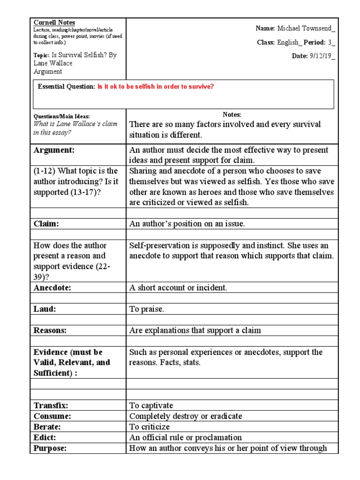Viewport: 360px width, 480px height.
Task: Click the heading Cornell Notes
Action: [x=54, y=22]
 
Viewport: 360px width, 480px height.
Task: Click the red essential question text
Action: [x=156, y=87]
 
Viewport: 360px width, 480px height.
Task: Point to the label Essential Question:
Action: [x=66, y=87]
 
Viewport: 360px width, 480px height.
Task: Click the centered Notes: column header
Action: [x=232, y=115]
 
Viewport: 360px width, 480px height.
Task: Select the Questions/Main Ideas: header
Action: [x=61, y=116]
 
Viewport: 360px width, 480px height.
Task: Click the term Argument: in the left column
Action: [x=54, y=150]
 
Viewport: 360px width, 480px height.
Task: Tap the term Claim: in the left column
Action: [x=46, y=224]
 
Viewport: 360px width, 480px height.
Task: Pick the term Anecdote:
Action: [x=52, y=288]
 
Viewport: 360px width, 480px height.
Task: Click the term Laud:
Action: [x=45, y=309]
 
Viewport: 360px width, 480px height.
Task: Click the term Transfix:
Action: [x=51, y=405]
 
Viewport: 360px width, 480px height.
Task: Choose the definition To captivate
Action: [x=151, y=405]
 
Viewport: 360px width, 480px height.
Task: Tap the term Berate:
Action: [x=48, y=427]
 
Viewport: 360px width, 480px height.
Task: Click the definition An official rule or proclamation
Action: [x=186, y=437]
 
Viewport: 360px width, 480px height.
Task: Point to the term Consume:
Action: [x=52, y=416]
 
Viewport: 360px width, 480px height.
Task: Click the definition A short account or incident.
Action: [x=178, y=288]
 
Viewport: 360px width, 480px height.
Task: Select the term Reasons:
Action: [x=50, y=330]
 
